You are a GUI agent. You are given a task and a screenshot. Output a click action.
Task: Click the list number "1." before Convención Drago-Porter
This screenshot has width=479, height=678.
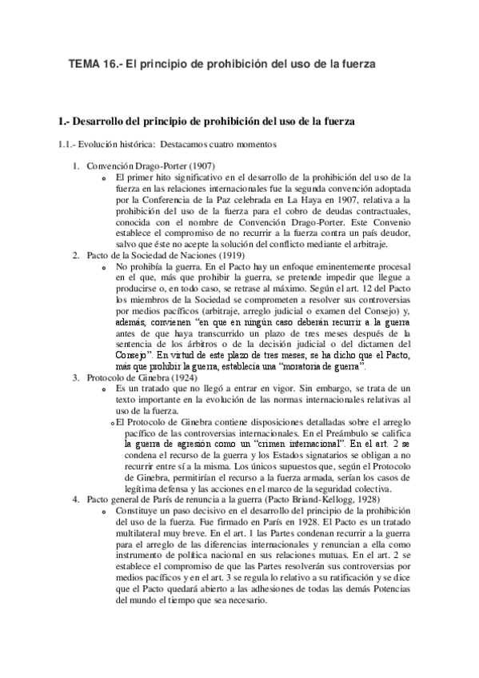(76, 166)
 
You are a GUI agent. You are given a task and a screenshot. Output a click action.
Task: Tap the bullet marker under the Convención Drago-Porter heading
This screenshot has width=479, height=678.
(105, 177)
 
